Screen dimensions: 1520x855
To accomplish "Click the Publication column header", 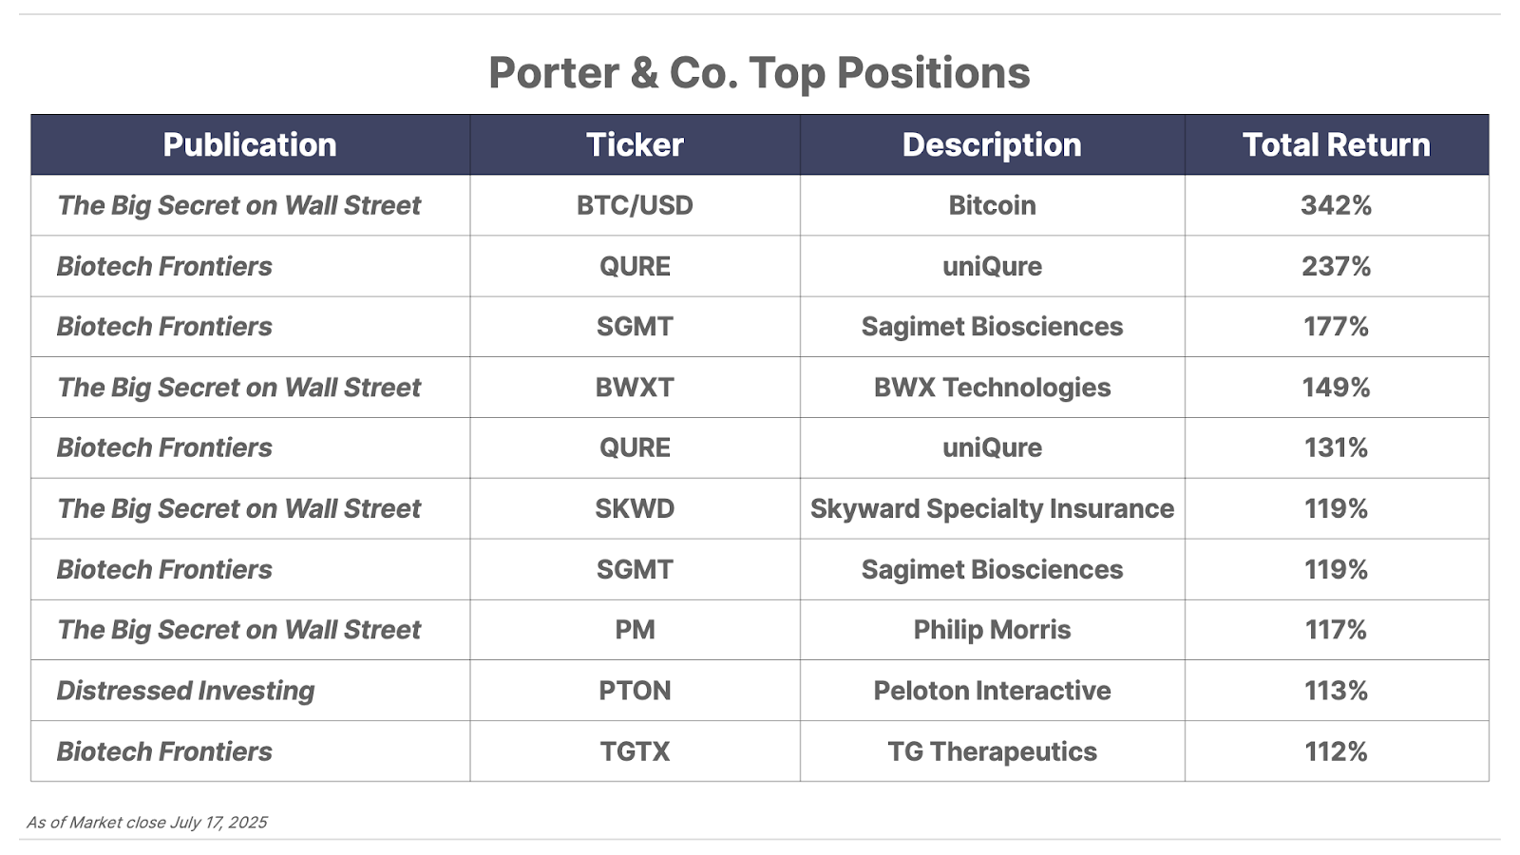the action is (x=250, y=144).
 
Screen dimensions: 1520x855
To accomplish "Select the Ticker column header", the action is (x=635, y=144).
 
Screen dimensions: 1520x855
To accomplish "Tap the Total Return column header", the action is (x=1336, y=144).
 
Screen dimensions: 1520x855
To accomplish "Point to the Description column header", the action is (x=992, y=144).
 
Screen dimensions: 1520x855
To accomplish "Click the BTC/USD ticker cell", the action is (x=635, y=205).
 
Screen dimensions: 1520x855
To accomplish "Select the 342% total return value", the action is (x=1336, y=205).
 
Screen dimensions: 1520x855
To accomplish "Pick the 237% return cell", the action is (x=1336, y=266).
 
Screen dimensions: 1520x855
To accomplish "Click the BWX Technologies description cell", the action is (x=992, y=388).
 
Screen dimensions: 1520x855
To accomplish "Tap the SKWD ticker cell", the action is (x=635, y=508).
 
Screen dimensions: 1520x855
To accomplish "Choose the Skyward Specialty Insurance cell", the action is (x=992, y=508).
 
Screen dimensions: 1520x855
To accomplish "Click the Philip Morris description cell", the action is (x=992, y=630).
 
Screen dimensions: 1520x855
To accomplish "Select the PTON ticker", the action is (x=635, y=690).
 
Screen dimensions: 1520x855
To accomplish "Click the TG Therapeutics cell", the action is (x=992, y=751).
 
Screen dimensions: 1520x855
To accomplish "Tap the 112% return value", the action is (x=1336, y=751).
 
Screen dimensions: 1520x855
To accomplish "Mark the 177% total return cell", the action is (x=1336, y=327).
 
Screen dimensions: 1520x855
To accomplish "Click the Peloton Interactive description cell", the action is (x=992, y=690).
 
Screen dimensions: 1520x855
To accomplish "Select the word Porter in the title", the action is (x=554, y=72).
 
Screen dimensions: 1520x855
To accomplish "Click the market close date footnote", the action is (x=146, y=823).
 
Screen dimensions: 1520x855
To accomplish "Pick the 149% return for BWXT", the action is (x=1336, y=388).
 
